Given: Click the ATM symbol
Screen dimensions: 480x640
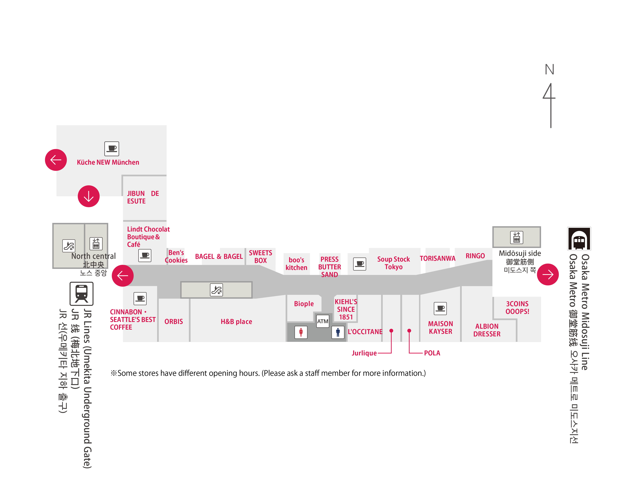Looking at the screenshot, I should [323, 321].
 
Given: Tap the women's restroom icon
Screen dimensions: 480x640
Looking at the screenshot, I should [301, 332].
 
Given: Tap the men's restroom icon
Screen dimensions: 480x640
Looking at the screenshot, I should [338, 332].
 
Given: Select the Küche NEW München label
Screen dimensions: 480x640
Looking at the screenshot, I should [108, 162].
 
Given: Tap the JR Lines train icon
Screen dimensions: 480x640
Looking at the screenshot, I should [82, 294].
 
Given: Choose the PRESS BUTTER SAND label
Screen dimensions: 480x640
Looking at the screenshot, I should [330, 267].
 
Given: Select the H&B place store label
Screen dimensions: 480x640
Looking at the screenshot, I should [236, 321].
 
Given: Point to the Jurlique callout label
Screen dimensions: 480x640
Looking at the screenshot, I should [364, 353].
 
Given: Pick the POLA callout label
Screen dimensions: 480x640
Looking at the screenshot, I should [432, 353].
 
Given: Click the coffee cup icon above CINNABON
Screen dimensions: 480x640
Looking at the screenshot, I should [140, 298].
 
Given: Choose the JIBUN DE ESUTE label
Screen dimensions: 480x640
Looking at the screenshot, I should [143, 197].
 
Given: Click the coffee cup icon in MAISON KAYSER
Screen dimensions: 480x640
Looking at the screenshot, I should [440, 308].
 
